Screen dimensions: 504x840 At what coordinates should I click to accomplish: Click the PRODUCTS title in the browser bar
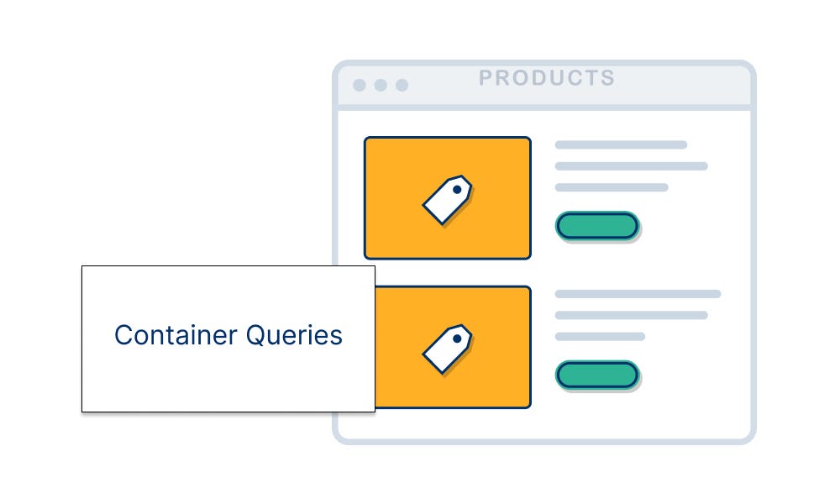[547, 78]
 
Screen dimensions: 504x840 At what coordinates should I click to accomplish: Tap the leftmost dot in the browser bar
[360, 85]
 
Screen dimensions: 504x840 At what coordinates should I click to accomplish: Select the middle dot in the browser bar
[381, 85]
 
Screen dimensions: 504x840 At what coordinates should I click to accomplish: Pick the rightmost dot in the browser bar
[402, 85]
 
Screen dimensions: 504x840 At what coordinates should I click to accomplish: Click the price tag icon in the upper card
[447, 199]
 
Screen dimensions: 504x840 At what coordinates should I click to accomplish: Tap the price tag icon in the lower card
[447, 348]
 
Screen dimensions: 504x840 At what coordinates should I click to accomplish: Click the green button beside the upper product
[597, 225]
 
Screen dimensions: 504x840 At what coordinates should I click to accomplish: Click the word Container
[176, 335]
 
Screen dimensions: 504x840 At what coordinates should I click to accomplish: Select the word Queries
[294, 335]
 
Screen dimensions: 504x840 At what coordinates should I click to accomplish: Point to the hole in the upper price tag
[457, 190]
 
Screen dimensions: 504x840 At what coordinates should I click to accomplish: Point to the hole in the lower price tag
[457, 339]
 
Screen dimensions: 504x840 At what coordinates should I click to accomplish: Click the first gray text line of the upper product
[621, 144]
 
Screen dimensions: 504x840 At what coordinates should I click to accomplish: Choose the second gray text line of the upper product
[631, 166]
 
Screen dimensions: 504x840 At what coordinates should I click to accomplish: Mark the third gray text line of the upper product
[612, 187]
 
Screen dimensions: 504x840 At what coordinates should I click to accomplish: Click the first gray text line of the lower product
[638, 294]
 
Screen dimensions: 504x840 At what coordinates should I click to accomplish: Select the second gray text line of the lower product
[631, 315]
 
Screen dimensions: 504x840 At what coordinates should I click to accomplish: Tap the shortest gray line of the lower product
[600, 336]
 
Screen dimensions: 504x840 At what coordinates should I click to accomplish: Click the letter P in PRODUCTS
[486, 78]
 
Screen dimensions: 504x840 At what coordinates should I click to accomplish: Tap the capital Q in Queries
[255, 335]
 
